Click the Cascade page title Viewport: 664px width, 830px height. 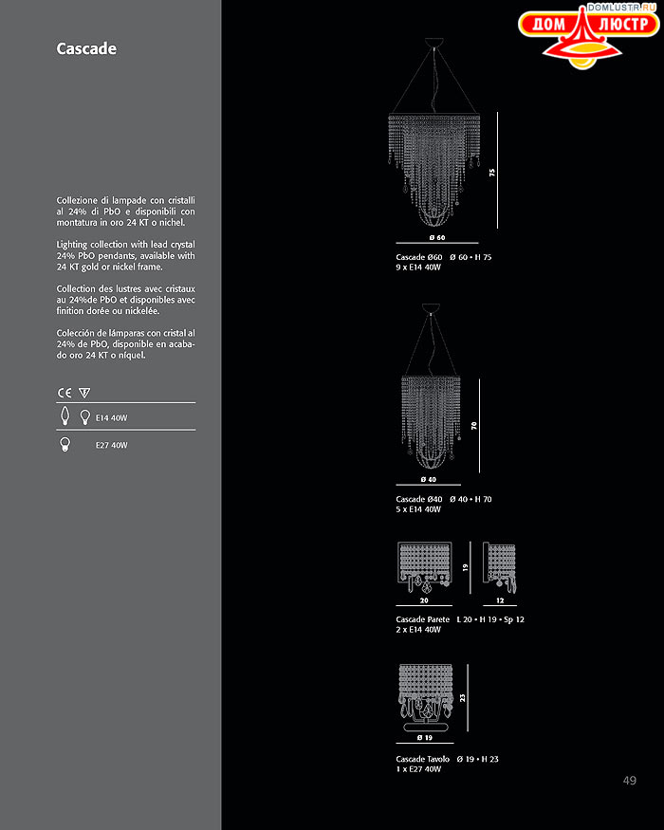(x=86, y=48)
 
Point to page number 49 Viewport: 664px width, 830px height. (x=630, y=780)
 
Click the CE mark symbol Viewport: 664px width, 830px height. (x=65, y=392)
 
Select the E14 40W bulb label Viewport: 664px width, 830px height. (x=111, y=417)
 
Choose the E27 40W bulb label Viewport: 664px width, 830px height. (x=111, y=445)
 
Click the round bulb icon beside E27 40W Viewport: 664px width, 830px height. (x=65, y=444)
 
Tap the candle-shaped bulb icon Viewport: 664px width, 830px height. (x=65, y=416)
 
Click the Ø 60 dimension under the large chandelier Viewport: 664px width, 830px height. (x=436, y=237)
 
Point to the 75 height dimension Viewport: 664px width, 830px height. (x=492, y=173)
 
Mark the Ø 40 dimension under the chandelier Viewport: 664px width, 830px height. (x=428, y=480)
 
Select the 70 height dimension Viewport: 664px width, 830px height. (x=474, y=427)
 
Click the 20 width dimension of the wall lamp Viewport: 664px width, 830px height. (x=423, y=601)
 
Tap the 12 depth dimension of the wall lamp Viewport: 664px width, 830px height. (x=499, y=601)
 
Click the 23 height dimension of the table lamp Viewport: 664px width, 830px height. (x=463, y=698)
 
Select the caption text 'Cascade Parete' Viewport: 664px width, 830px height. (x=422, y=619)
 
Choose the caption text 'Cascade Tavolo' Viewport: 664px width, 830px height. (x=422, y=759)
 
